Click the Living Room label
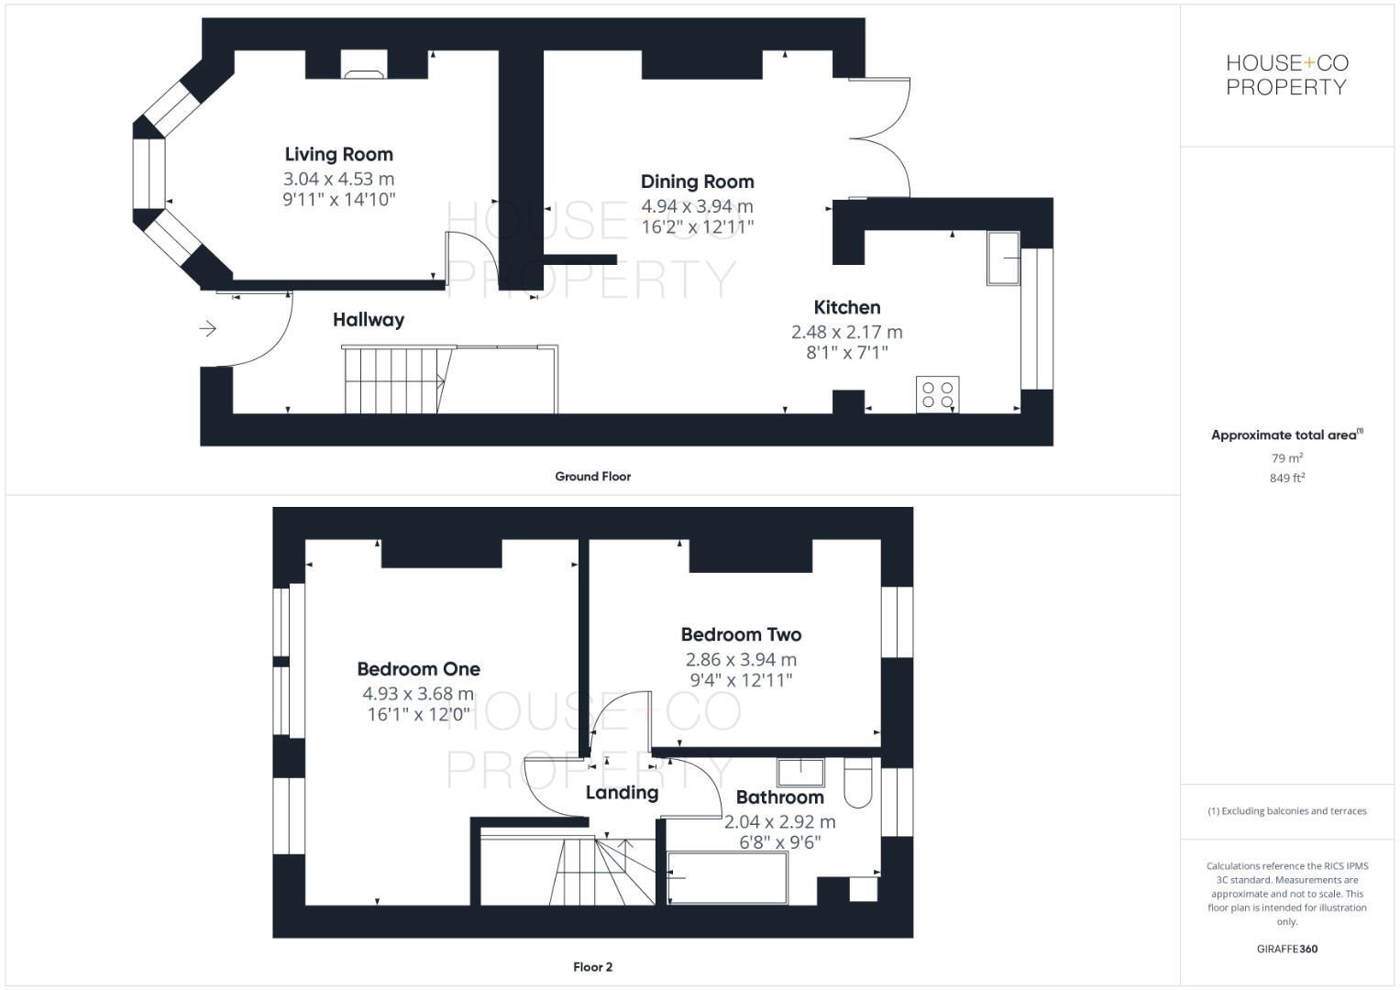338,154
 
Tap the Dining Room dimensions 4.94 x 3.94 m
697,206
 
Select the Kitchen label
846,307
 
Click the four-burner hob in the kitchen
937,394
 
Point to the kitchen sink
1003,258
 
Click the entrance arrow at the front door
208,328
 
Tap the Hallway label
368,320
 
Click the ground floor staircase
394,379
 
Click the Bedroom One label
418,669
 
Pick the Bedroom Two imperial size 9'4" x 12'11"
741,680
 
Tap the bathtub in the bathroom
727,878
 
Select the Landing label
622,793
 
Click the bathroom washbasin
800,772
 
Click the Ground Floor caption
592,477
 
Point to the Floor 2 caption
592,967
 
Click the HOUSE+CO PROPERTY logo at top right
1286,75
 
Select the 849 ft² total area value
1286,478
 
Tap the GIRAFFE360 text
1286,949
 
